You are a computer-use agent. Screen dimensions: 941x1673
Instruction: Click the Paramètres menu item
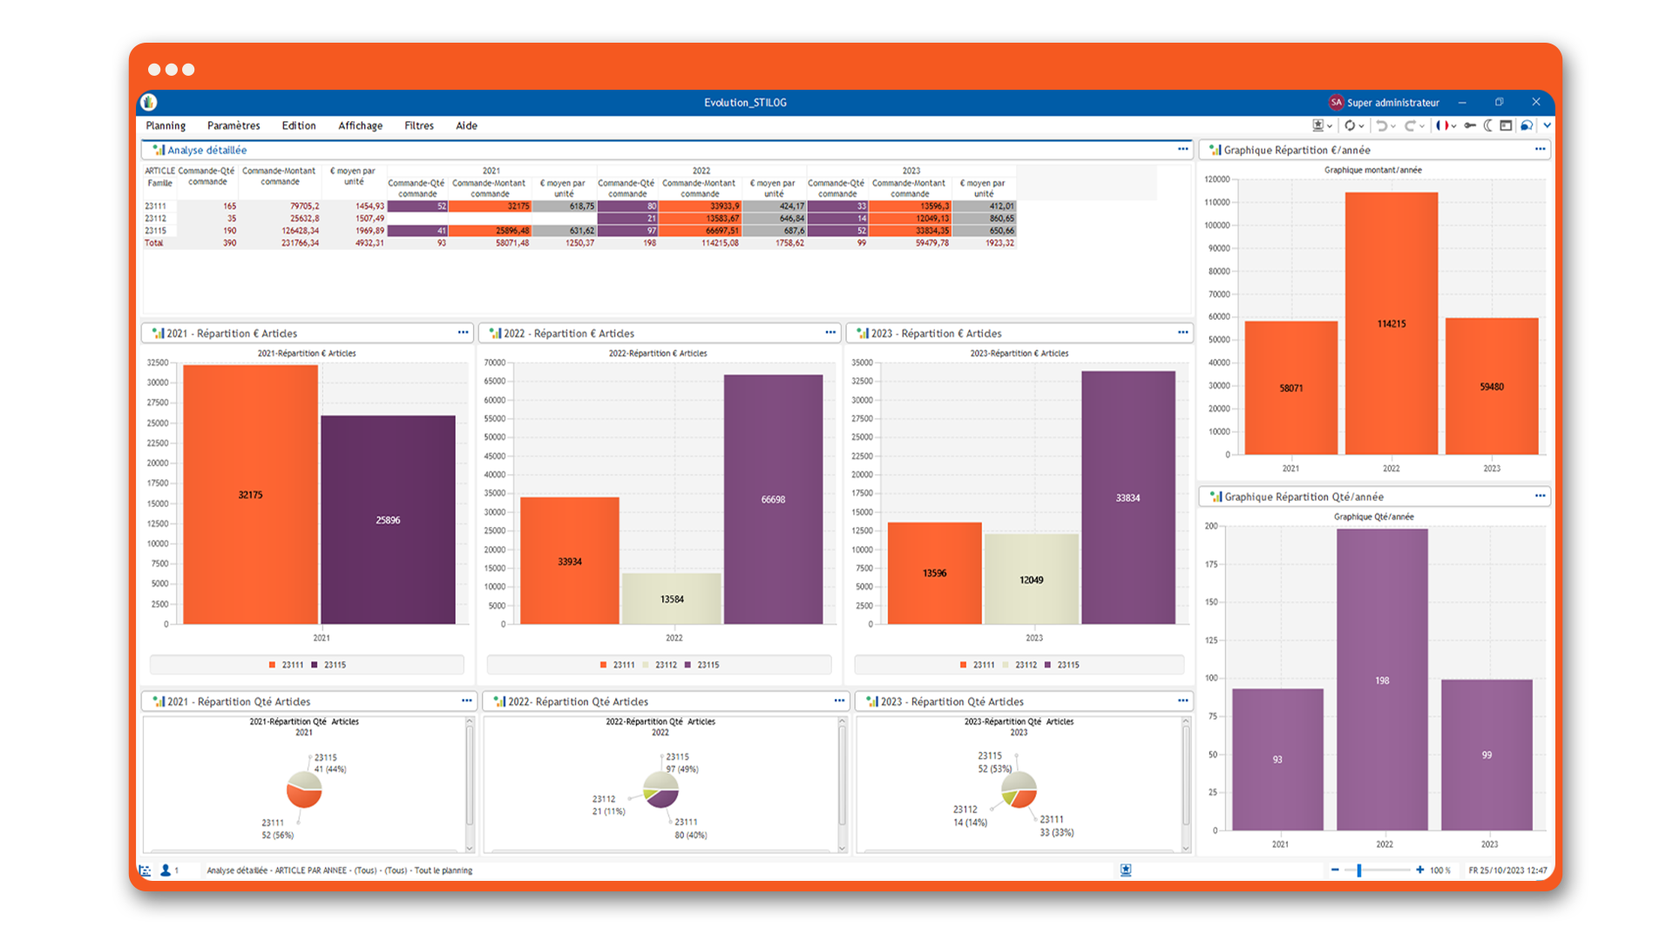tap(234, 125)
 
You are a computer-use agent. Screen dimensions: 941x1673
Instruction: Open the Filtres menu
tap(418, 125)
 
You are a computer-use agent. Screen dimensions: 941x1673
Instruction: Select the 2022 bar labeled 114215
tap(1391, 323)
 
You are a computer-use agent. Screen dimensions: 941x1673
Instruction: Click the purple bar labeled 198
tap(1382, 680)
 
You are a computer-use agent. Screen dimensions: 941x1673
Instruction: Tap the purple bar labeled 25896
tap(388, 519)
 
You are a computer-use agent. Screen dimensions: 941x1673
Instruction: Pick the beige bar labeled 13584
tap(672, 599)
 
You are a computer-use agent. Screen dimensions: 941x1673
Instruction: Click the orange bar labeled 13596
tap(934, 572)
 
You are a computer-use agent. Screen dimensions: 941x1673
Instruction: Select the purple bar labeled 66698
tap(773, 499)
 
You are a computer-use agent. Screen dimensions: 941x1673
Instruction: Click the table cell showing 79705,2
tap(304, 206)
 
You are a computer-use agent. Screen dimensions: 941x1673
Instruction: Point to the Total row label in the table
tap(154, 243)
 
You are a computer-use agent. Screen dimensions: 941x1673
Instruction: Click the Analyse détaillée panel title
tap(207, 150)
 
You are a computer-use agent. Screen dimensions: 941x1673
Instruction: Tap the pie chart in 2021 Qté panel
tap(304, 789)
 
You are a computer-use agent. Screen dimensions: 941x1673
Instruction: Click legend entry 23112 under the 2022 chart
tap(665, 665)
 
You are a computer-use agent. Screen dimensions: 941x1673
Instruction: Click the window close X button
tap(1536, 102)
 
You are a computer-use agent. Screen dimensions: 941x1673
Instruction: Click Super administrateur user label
tap(1392, 103)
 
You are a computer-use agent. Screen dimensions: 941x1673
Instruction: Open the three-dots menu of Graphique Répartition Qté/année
tap(1540, 496)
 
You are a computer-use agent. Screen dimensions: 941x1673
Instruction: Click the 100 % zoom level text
tap(1439, 870)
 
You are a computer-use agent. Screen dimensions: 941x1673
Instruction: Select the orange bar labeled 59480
tap(1491, 386)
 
